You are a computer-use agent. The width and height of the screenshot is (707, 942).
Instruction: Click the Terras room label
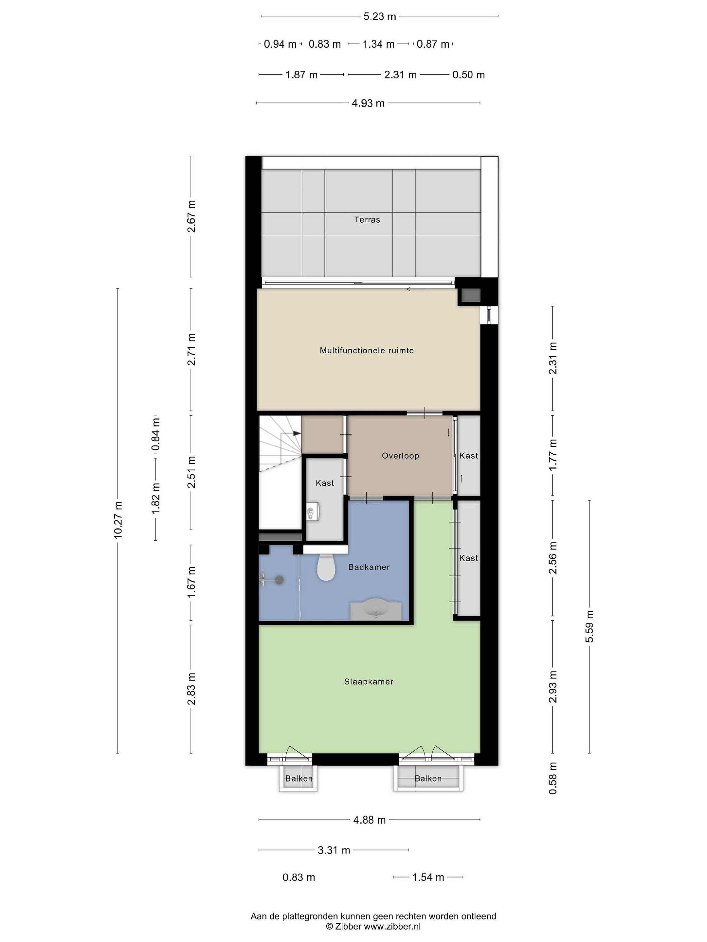click(367, 220)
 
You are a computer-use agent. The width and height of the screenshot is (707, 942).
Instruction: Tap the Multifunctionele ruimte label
click(367, 351)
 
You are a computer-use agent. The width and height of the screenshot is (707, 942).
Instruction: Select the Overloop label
click(400, 456)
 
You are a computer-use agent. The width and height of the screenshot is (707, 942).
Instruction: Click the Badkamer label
click(369, 567)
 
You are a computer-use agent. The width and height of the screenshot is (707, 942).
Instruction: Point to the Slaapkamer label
click(369, 681)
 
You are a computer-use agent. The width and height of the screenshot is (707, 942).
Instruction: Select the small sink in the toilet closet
click(312, 511)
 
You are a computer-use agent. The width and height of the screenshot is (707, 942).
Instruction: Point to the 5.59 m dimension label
click(589, 626)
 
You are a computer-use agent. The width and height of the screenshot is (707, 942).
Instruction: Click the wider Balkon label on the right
click(428, 778)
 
